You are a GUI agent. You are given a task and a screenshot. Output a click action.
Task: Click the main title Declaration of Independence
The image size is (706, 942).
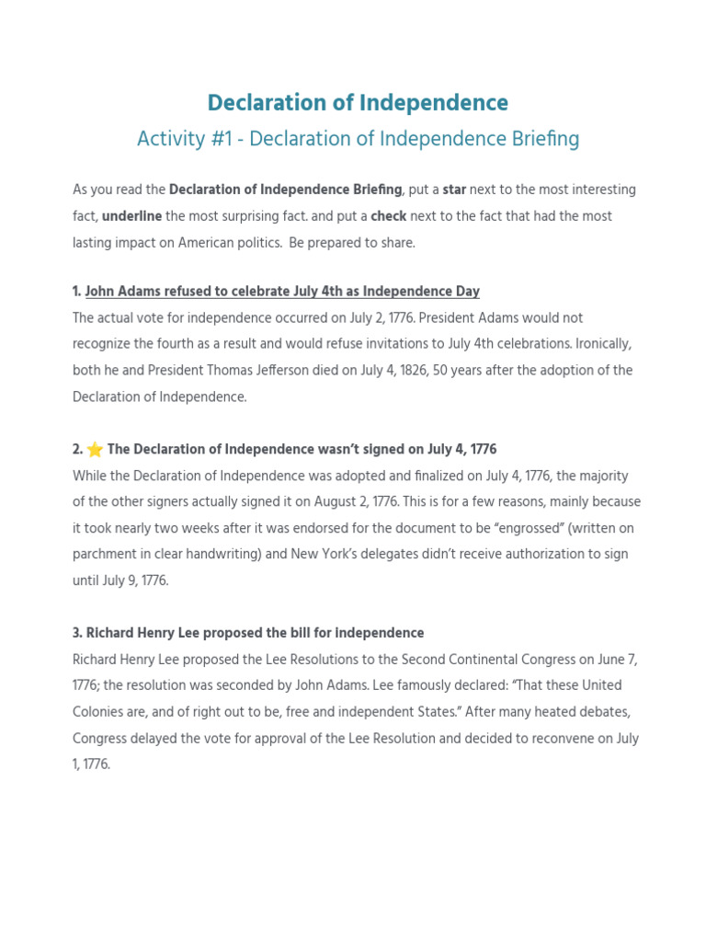358,102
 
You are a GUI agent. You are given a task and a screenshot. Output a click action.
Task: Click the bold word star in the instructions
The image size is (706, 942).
454,190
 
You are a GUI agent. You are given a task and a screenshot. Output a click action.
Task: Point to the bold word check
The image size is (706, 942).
388,216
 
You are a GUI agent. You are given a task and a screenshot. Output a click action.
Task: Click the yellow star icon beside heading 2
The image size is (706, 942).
95,450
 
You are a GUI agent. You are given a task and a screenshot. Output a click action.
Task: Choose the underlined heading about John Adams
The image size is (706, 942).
282,292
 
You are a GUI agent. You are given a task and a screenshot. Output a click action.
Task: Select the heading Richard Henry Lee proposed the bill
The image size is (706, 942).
248,633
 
